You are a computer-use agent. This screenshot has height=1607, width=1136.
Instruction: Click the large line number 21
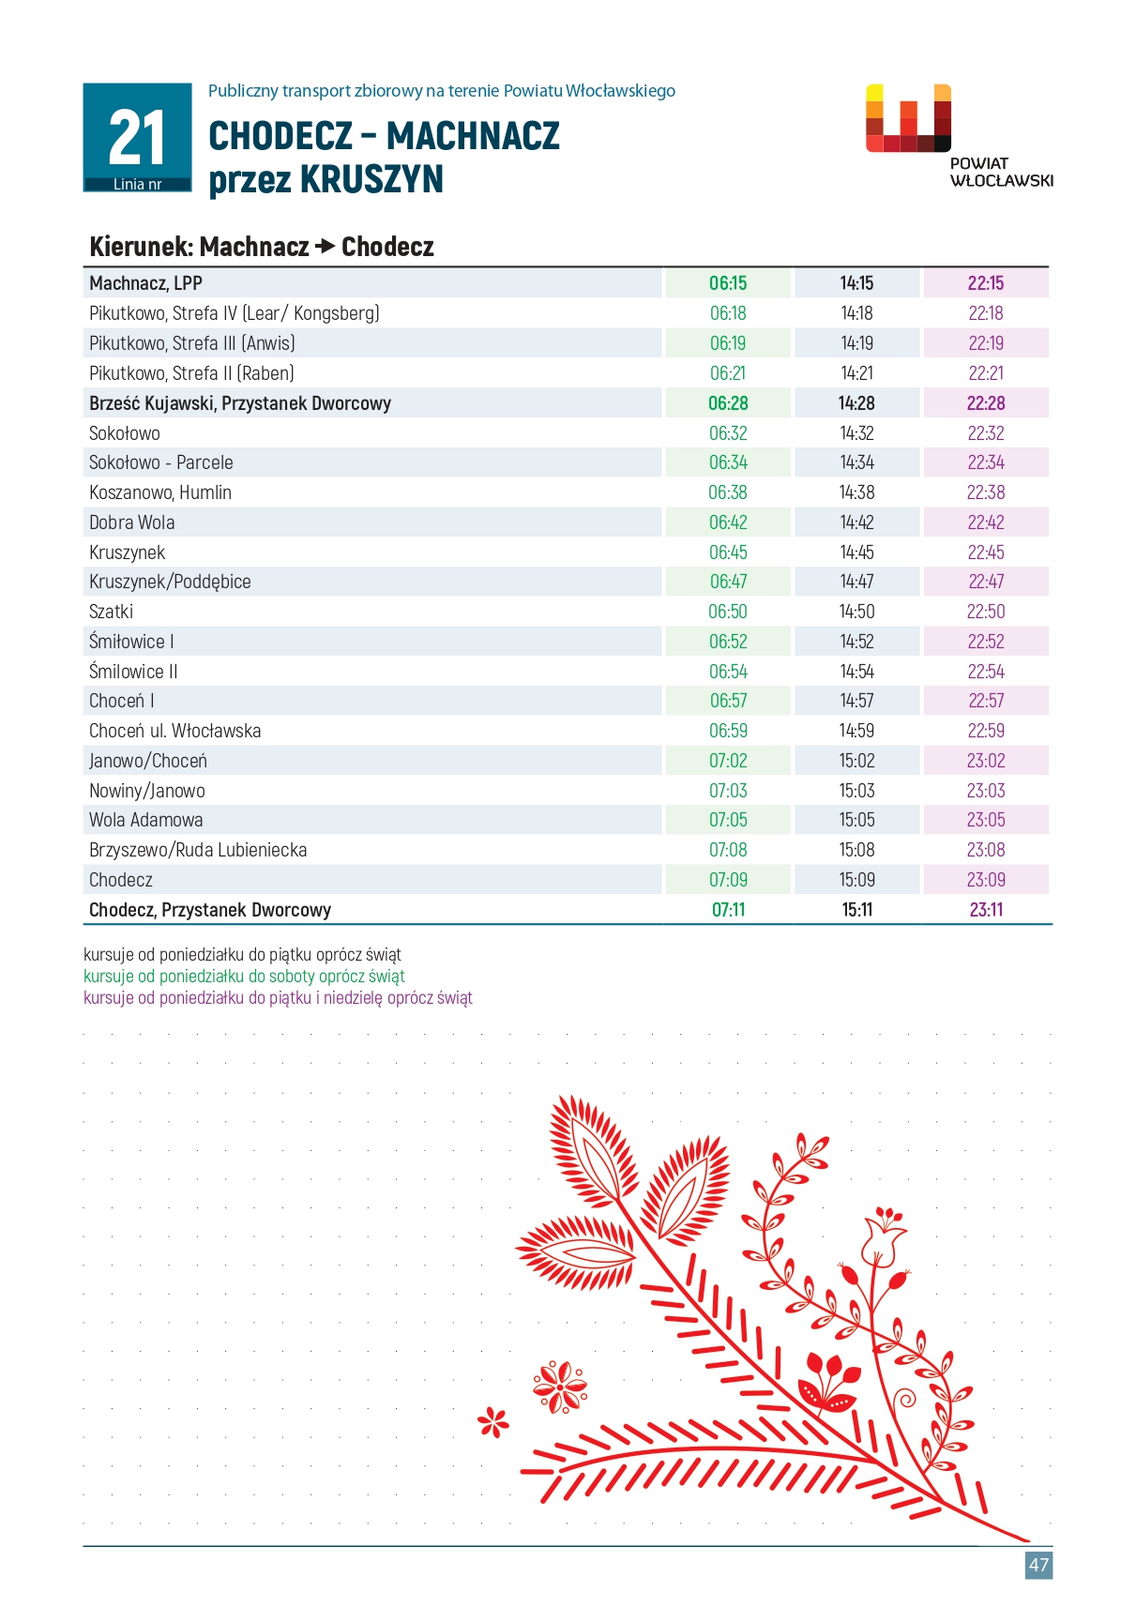pos(137,138)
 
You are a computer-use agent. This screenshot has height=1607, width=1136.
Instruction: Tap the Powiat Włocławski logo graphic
pos(908,118)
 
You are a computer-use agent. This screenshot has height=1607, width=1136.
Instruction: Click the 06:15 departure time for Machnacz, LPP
pos(728,283)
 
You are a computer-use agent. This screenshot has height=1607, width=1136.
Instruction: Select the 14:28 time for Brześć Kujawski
pos(856,403)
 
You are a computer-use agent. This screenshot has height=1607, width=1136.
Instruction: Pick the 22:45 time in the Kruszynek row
pos(986,553)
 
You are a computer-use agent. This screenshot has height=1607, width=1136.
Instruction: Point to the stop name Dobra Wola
pos(131,523)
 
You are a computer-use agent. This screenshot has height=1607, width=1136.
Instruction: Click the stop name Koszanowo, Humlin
pos(160,493)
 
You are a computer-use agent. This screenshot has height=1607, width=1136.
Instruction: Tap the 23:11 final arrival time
pos(986,910)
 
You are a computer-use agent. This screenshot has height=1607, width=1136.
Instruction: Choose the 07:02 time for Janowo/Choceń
pos(728,761)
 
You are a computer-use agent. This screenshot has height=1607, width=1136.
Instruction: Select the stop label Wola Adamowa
pos(145,820)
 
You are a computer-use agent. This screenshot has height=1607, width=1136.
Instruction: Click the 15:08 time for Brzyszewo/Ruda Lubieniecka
pos(856,850)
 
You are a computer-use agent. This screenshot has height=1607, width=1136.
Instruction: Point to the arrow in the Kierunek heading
pos(325,247)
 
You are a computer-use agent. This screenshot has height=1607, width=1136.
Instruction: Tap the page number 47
pos(1038,1565)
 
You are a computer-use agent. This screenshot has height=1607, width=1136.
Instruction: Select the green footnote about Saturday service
pos(244,976)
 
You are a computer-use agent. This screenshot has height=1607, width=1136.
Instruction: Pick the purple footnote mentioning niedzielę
pos(278,997)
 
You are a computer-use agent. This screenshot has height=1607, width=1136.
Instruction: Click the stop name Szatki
pos(111,612)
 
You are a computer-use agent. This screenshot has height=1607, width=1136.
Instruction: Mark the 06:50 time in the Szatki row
pos(728,612)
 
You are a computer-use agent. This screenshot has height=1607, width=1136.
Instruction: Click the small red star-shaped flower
pos(492,1422)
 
